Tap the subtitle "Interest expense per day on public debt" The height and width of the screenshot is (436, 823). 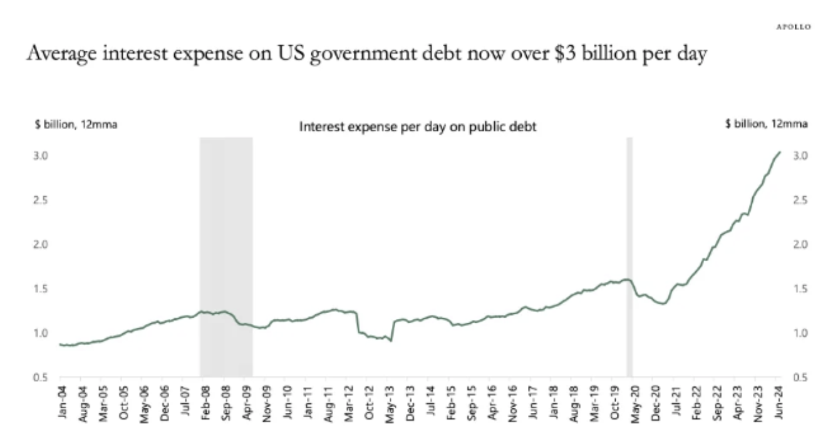click(418, 127)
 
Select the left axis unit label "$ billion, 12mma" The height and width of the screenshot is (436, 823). click(76, 125)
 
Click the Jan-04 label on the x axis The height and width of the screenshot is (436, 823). click(61, 401)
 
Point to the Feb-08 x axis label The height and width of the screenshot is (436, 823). click(204, 401)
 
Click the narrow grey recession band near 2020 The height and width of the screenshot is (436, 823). click(629, 251)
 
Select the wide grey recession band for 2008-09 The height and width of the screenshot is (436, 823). click(226, 251)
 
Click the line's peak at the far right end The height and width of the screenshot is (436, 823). click(779, 152)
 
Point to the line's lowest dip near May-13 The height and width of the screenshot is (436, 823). click(391, 341)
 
